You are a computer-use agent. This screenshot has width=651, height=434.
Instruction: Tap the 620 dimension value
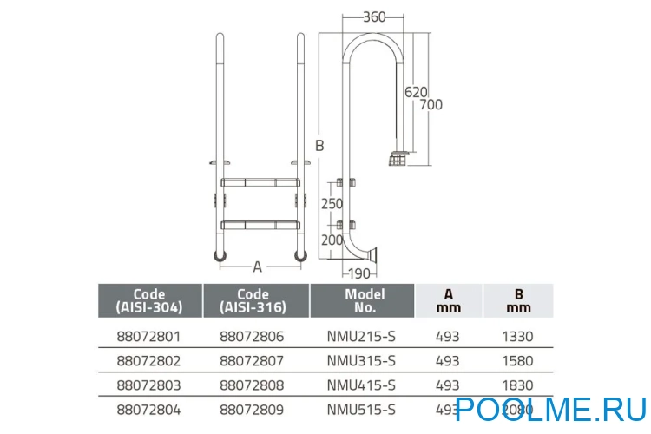(416, 90)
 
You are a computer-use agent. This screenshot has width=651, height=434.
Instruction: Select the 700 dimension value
(431, 104)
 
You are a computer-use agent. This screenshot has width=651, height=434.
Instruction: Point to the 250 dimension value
(332, 203)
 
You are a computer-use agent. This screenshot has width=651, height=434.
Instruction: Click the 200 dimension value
(332, 239)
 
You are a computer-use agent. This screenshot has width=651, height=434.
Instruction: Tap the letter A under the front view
(258, 266)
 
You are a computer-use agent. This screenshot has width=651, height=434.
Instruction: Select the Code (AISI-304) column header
(149, 300)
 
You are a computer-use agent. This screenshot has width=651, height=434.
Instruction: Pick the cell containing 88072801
(149, 337)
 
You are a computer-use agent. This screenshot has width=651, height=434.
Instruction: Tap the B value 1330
(518, 337)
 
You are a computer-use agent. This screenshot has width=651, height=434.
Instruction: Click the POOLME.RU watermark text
(549, 409)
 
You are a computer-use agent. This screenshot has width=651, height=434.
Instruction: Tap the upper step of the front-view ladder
(258, 182)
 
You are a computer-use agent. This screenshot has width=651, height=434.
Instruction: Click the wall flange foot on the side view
(372, 254)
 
